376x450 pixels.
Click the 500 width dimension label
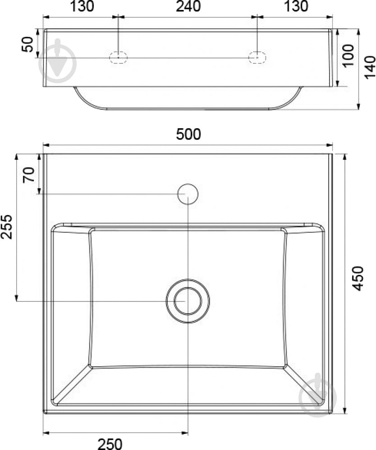(x=188, y=134)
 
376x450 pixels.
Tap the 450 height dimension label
(x=358, y=279)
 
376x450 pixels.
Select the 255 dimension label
(x=7, y=227)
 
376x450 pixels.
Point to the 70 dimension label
(x=29, y=175)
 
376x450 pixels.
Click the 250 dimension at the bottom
(x=110, y=444)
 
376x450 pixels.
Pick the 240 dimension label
(x=188, y=6)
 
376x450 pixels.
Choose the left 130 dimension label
(x=82, y=6)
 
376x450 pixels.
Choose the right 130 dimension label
(x=296, y=6)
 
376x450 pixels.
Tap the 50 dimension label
(x=28, y=45)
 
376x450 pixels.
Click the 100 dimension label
(x=348, y=55)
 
